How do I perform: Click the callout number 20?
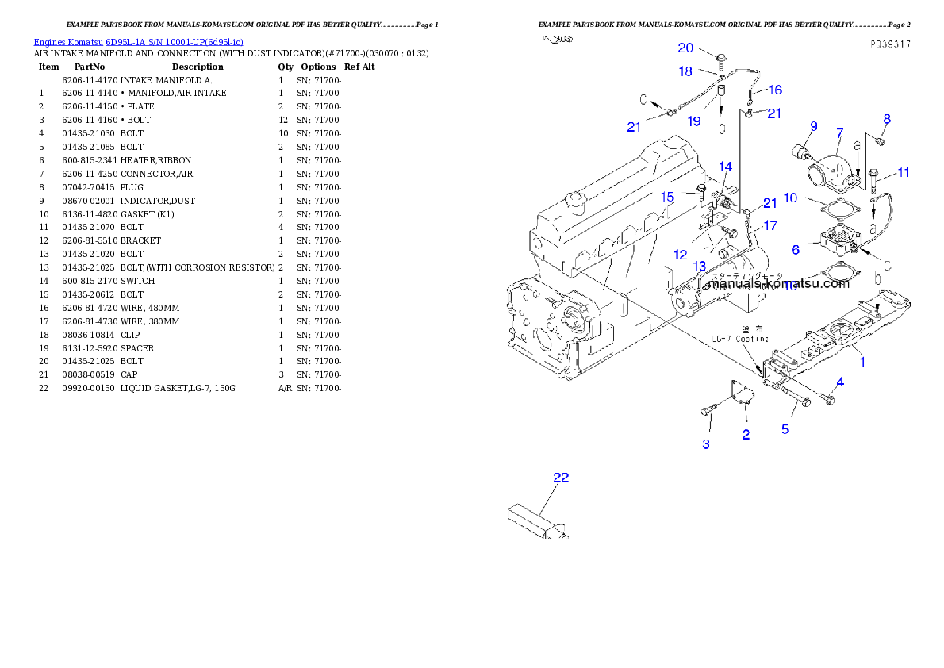685,48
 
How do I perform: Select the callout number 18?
685,71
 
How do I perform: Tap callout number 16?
774,90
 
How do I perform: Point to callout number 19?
694,121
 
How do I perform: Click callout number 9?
813,126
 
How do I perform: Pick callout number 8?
887,119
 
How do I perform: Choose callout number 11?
903,172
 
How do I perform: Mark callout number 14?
725,167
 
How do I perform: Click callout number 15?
668,196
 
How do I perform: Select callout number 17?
770,226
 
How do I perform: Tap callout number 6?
795,249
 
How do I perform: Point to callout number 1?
863,362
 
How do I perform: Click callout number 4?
840,382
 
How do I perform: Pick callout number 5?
785,429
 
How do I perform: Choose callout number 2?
746,434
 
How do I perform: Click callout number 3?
706,444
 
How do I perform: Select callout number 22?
561,478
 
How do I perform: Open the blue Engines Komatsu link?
138,41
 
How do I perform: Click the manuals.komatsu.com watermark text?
777,283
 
